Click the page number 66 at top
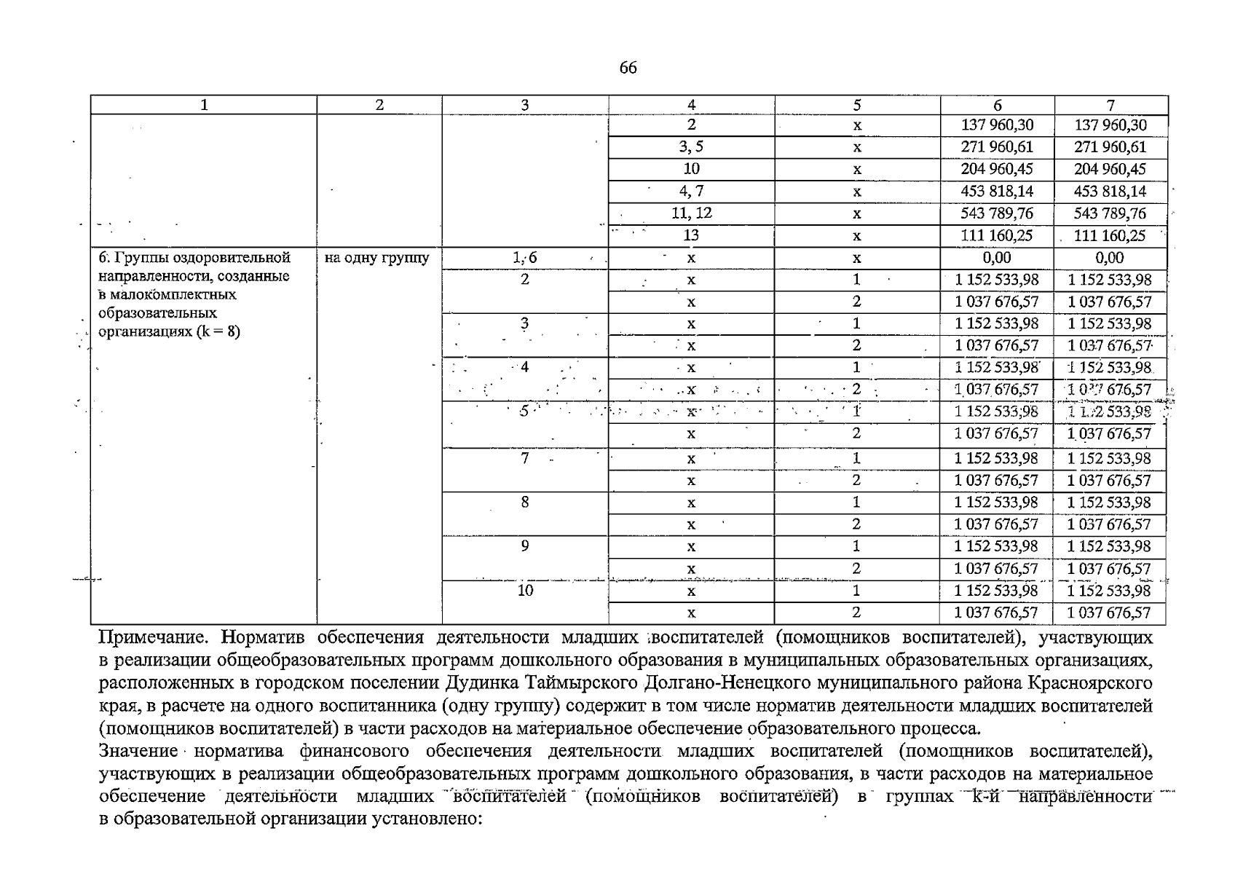628,68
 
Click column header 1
204,106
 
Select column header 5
857,106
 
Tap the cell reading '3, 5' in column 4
691,147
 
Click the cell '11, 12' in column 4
691,213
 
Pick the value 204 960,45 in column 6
997,169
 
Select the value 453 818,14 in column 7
1110,192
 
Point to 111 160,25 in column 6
997,235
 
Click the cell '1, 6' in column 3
524,258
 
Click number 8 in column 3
524,502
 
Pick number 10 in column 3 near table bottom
525,591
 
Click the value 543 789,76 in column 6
997,213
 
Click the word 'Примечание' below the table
155,638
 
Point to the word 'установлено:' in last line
427,819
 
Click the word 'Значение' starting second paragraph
138,751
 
